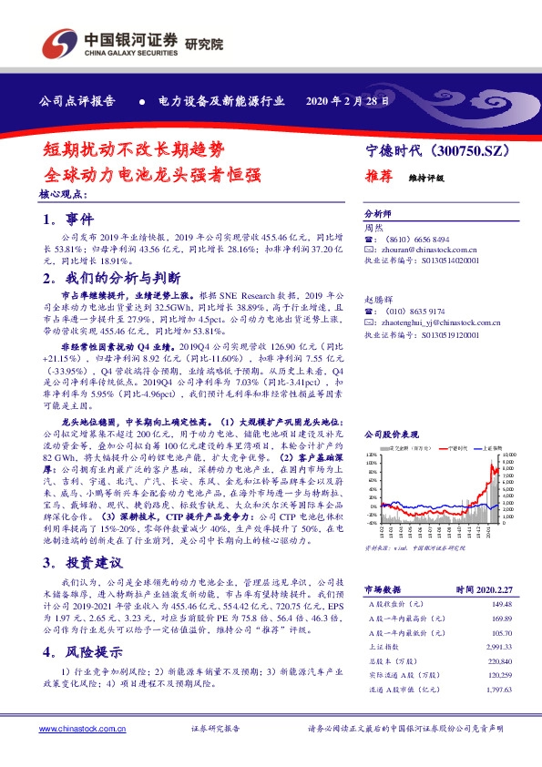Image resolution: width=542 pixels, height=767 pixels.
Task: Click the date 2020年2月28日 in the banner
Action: [350, 101]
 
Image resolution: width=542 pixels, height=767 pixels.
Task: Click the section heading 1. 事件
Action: [67, 220]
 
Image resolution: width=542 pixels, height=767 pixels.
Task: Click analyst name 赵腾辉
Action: [379, 298]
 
